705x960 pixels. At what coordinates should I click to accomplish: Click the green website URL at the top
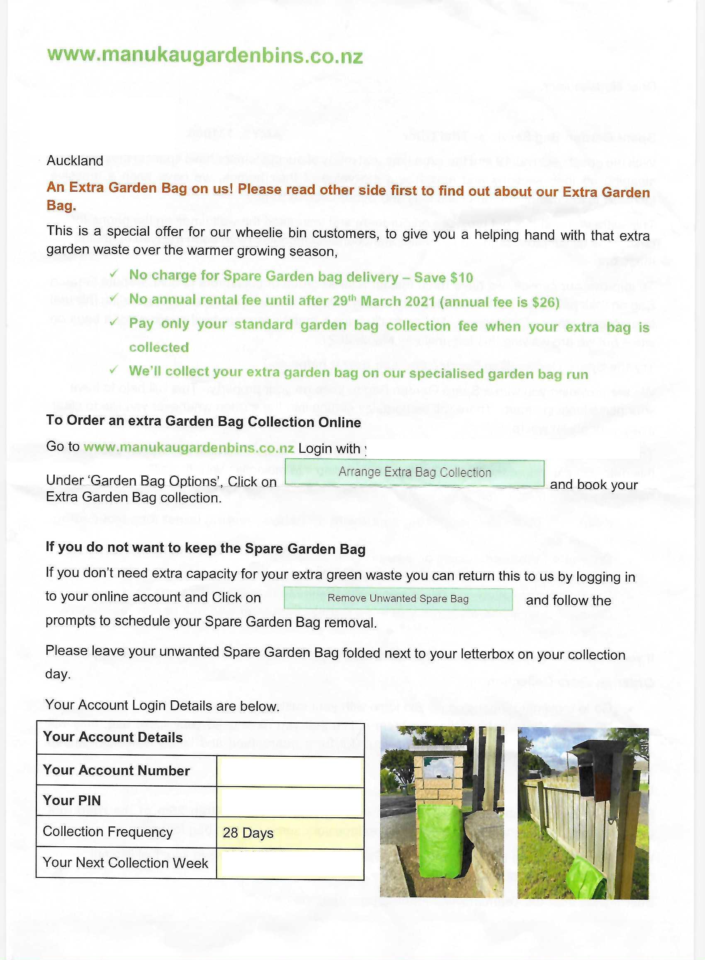click(x=205, y=56)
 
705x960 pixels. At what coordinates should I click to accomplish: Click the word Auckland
click(x=75, y=161)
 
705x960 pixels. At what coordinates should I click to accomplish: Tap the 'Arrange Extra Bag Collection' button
click(x=414, y=473)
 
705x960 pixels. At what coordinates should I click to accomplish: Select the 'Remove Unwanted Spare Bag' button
click(x=398, y=599)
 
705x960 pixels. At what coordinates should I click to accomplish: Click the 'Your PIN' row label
click(x=72, y=800)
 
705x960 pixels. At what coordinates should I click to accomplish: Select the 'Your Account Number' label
click(x=116, y=770)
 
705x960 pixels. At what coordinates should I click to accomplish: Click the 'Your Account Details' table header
click(x=113, y=737)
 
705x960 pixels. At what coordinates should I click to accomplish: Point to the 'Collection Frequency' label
click(x=107, y=831)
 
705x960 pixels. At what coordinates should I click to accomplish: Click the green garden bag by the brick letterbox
click(x=440, y=841)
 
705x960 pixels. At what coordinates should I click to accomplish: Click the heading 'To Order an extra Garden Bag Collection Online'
click(x=204, y=422)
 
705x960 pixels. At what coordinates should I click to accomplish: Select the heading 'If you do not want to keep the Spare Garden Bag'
click(x=205, y=548)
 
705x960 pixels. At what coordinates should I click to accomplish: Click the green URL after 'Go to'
click(x=189, y=447)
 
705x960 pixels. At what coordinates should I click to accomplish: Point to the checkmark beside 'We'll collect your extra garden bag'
click(x=114, y=370)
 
